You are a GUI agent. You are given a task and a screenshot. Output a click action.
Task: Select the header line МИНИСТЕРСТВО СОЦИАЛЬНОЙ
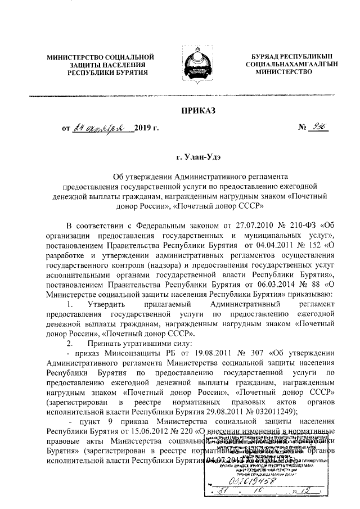(100, 58)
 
